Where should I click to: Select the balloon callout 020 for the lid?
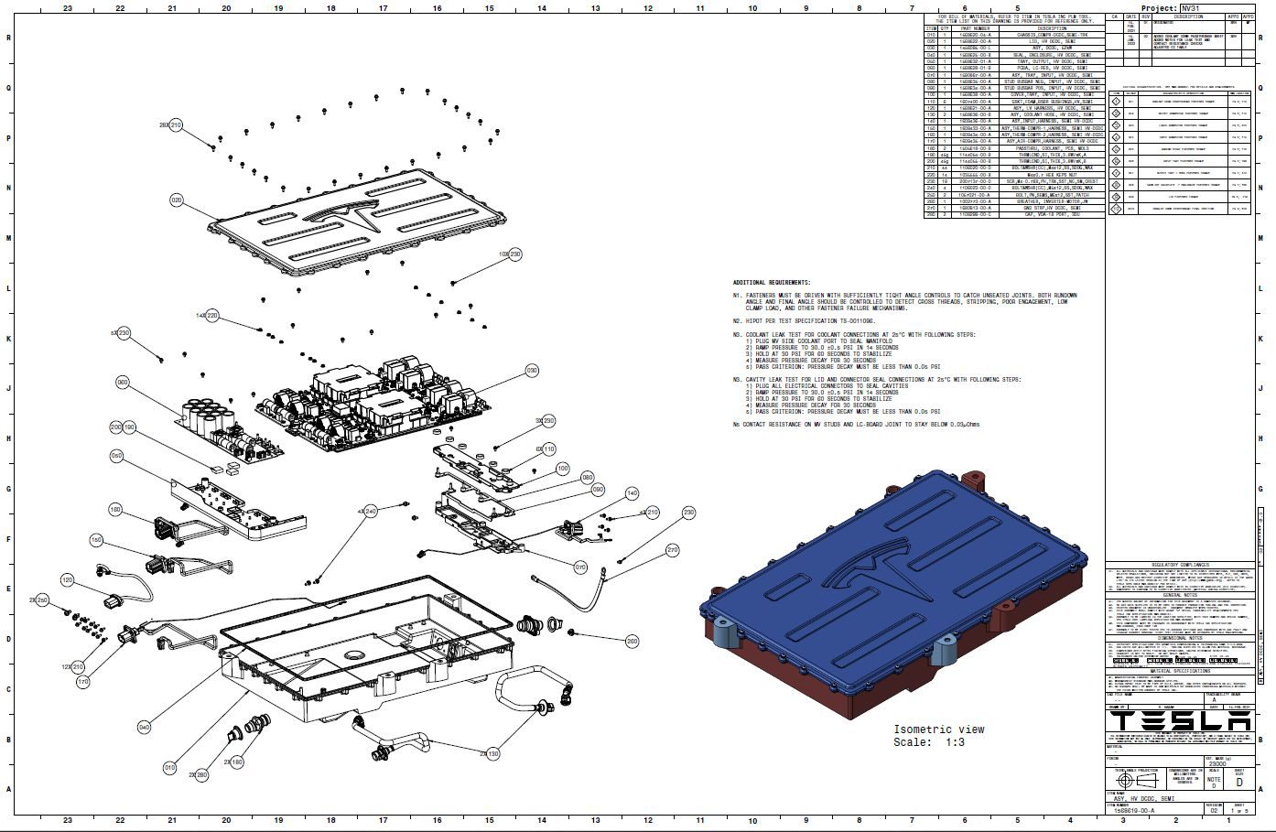(x=177, y=199)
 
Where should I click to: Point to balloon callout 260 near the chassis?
(x=632, y=642)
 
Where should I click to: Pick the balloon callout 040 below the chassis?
(x=144, y=728)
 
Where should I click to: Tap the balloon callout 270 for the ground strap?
(x=673, y=550)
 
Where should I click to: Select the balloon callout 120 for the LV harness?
(x=67, y=580)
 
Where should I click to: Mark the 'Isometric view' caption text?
(x=938, y=729)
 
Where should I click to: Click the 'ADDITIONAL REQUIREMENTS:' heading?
(x=771, y=282)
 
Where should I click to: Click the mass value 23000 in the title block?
(x=1217, y=762)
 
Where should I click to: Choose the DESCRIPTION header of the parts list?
(x=1045, y=28)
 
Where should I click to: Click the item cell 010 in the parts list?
(x=932, y=35)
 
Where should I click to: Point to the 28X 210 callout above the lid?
(x=171, y=124)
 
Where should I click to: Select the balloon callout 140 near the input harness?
(x=631, y=493)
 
